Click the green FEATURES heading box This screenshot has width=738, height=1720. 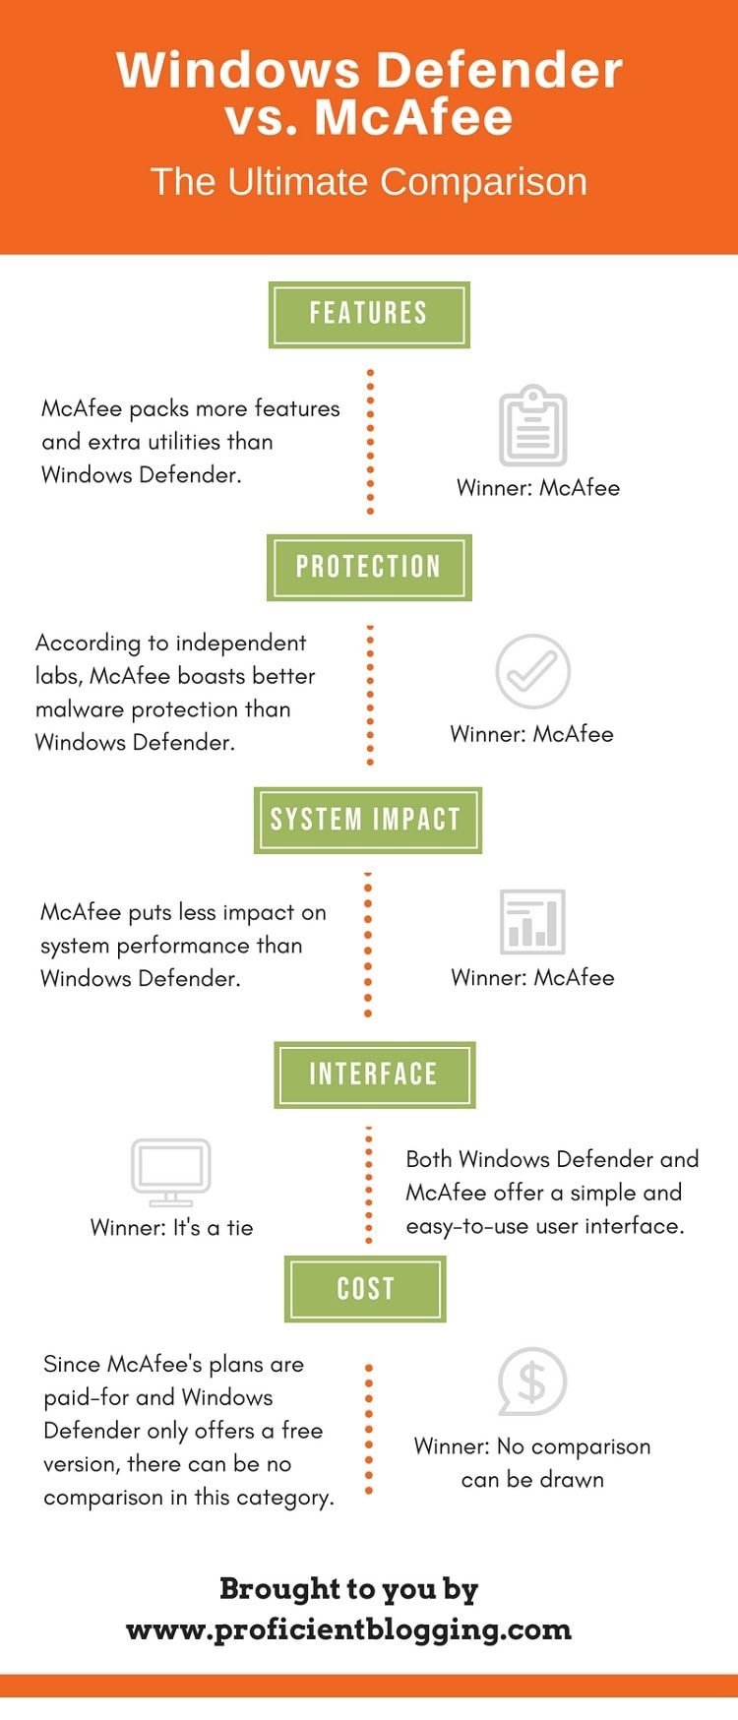(x=369, y=315)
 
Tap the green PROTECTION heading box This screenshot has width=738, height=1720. (x=369, y=568)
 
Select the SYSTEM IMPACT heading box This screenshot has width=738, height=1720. (x=368, y=820)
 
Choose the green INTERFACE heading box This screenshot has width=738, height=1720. (x=374, y=1075)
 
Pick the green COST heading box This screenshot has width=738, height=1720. (x=365, y=1289)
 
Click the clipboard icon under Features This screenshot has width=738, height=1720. (x=532, y=426)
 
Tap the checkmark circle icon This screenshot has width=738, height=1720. (x=532, y=672)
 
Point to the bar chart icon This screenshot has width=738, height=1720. (x=532, y=922)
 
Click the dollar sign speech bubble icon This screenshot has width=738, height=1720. (x=531, y=1382)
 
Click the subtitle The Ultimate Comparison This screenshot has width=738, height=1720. (x=369, y=182)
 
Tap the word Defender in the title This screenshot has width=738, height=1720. (x=500, y=71)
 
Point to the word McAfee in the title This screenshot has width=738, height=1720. (x=413, y=117)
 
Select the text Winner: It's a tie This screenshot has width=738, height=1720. (x=171, y=1228)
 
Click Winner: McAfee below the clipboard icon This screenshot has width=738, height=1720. (x=538, y=488)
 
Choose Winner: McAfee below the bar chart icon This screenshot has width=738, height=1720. (x=532, y=978)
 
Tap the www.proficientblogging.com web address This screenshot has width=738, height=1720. (x=348, y=1629)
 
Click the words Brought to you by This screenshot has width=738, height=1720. (x=348, y=1589)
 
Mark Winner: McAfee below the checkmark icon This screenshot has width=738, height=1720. (x=531, y=734)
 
